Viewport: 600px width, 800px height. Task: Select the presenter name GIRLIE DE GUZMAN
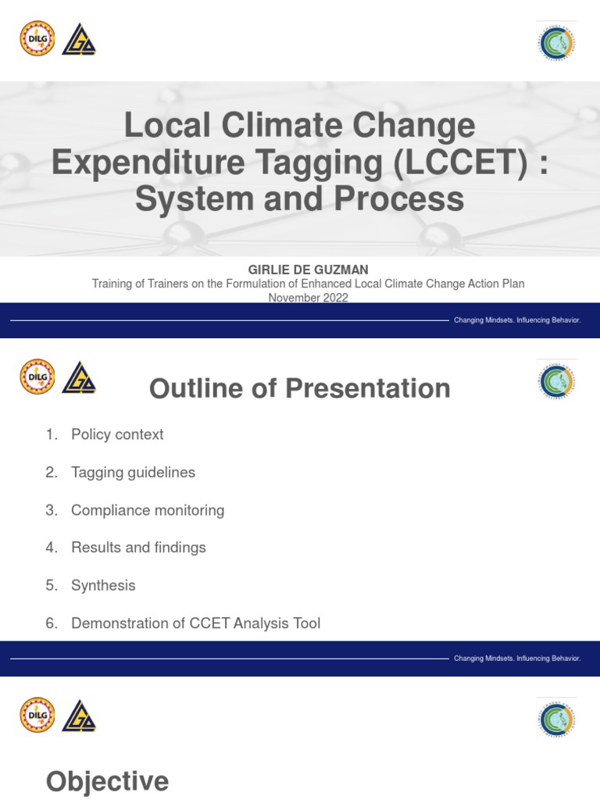309,270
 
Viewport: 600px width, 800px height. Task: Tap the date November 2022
309,298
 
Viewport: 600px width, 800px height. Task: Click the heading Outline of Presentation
300,388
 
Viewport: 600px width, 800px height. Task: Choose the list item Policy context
117,434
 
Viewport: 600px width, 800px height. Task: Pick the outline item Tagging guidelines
133,472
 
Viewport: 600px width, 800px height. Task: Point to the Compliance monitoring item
148,510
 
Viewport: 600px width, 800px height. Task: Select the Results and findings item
138,548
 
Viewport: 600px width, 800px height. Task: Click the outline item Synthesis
103,585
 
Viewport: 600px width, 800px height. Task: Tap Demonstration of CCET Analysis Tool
195,623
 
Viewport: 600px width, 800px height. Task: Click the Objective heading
107,781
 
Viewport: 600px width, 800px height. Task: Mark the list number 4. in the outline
52,548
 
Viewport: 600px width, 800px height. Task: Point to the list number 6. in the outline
52,623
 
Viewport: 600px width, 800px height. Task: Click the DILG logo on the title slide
37,38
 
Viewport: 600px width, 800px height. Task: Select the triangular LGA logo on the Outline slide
79,377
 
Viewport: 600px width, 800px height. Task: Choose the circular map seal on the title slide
557,41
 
